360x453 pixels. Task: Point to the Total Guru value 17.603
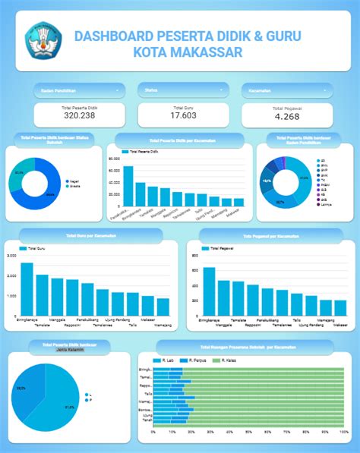point(183,115)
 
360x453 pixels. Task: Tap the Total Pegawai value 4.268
point(287,116)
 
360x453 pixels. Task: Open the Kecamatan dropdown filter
point(287,91)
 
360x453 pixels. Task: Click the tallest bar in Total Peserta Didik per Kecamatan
point(128,187)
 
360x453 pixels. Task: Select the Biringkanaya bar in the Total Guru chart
point(27,289)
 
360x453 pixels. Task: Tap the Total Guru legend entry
point(34,248)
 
